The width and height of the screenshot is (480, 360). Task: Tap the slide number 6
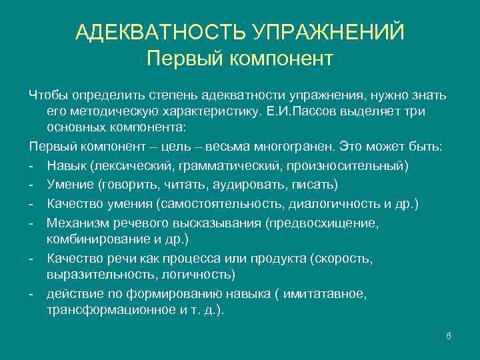click(449, 335)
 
